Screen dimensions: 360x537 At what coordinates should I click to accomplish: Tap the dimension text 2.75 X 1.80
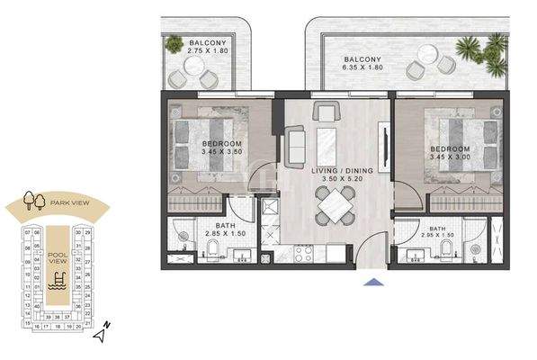point(208,51)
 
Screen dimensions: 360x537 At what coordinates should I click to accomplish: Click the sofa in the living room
point(294,147)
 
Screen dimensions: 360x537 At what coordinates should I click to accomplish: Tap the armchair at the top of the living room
point(326,112)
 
